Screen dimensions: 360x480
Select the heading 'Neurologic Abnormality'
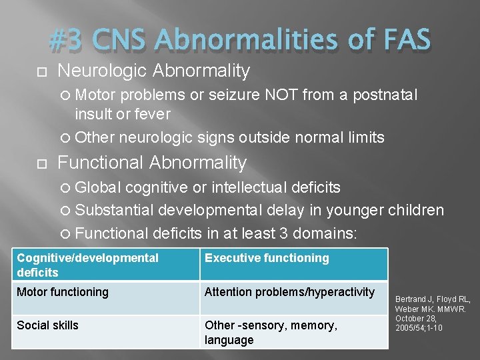point(153,71)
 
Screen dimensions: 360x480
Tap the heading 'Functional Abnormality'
point(152,163)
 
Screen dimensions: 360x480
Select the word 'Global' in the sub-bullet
point(98,187)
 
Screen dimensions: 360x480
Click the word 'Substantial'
point(114,210)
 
